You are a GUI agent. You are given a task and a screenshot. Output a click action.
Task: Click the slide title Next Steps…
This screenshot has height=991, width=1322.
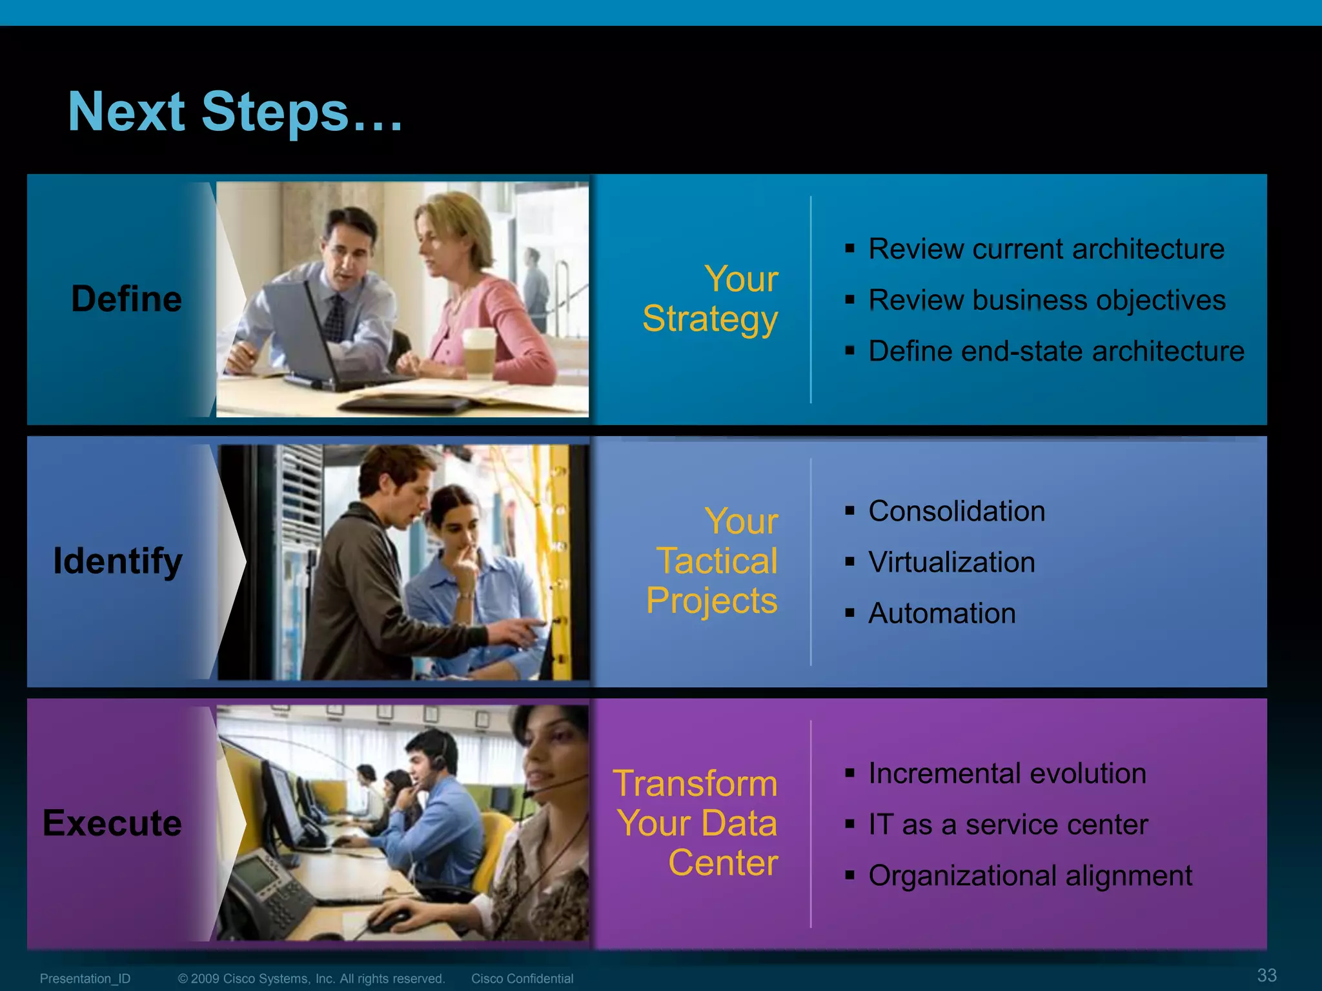coord(236,112)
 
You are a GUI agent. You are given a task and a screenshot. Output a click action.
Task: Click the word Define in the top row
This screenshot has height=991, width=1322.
coord(127,299)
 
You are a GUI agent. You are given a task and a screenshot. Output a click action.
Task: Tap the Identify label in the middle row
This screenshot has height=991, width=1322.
coord(117,561)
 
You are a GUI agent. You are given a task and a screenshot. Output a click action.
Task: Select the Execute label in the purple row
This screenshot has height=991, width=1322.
coord(112,823)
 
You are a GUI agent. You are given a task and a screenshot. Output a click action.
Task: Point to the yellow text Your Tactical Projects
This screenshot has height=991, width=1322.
coord(713,561)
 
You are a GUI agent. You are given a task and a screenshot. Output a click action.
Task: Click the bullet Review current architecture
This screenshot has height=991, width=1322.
coord(1046,249)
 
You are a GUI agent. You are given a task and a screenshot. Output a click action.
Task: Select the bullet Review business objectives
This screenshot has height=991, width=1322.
coord(1046,300)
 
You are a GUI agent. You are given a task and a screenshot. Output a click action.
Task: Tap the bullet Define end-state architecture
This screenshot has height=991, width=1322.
coord(1056,351)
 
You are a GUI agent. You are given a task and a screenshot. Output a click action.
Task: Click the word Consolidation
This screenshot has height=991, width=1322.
coord(957,511)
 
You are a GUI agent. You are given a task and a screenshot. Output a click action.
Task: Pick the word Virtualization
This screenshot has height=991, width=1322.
coord(951,562)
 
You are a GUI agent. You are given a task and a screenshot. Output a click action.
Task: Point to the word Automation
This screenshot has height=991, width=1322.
coord(942,613)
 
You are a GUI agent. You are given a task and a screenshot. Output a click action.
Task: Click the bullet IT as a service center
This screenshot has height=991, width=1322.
coord(1008,825)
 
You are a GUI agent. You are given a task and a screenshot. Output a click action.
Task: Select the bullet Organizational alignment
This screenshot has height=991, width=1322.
coord(1030,876)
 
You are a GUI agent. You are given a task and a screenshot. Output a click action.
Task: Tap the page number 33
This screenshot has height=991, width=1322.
coord(1266,975)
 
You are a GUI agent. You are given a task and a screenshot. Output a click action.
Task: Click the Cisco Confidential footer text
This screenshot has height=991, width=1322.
coord(522,979)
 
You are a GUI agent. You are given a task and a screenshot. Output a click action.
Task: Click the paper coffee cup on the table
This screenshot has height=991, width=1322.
coord(479,352)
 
